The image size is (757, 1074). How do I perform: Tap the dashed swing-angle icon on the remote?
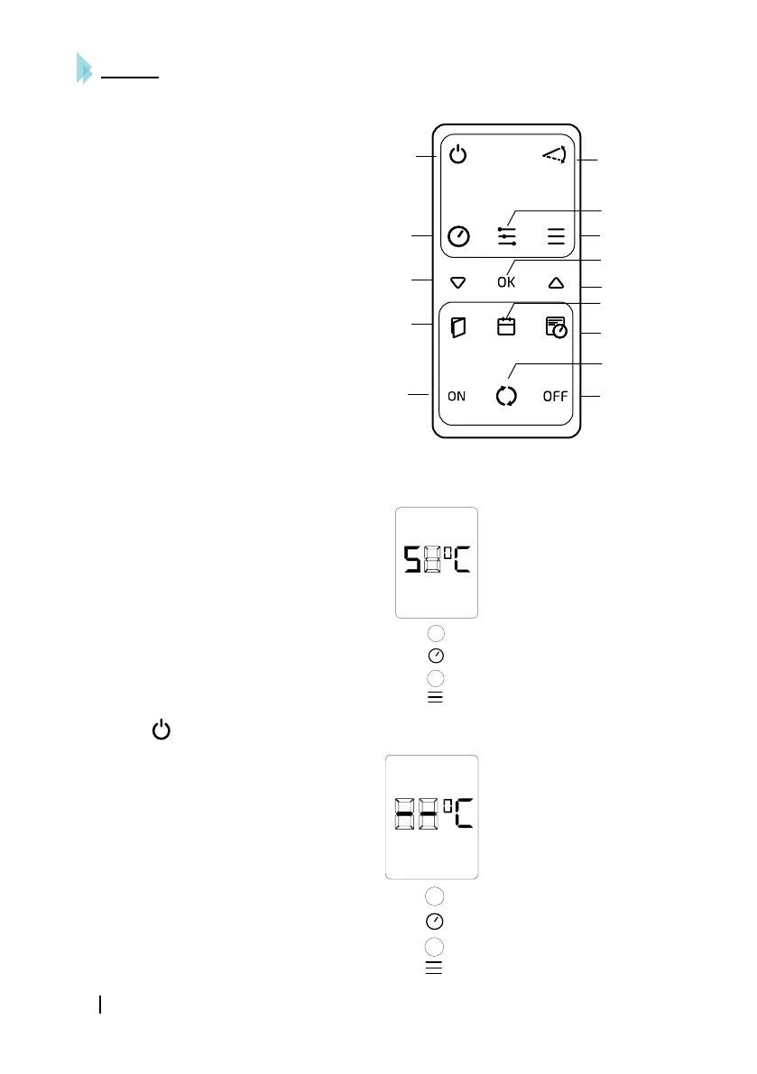click(x=555, y=156)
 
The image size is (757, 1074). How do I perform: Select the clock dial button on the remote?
click(x=458, y=236)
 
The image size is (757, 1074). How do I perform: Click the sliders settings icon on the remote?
click(x=507, y=236)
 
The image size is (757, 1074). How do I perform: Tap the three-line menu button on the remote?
click(x=555, y=237)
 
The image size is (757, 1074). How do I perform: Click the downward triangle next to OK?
click(x=457, y=282)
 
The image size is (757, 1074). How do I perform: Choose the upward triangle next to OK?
click(x=555, y=282)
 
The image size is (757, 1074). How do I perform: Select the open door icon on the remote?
click(x=458, y=327)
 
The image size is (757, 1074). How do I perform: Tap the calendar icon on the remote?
click(x=506, y=326)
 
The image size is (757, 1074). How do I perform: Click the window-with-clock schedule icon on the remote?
click(x=556, y=327)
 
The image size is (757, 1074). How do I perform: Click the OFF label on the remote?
click(x=555, y=396)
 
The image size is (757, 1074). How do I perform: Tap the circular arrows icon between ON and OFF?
click(x=507, y=396)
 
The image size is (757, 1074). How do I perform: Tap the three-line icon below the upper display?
click(x=435, y=697)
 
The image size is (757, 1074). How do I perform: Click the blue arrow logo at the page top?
click(x=85, y=69)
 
